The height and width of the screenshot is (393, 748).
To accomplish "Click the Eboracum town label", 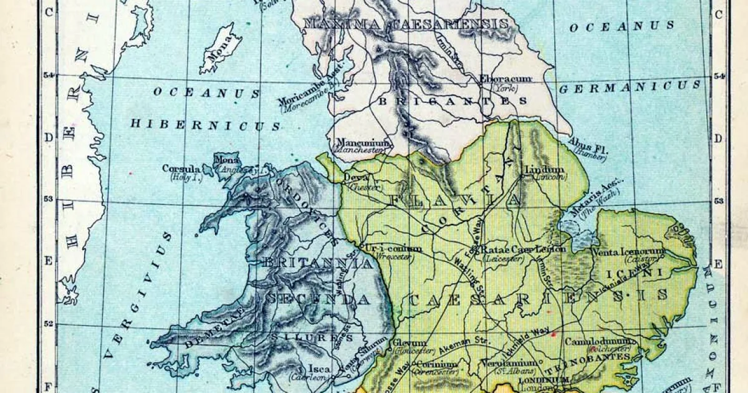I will (505, 79).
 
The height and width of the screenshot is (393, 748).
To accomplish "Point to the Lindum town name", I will (544, 170).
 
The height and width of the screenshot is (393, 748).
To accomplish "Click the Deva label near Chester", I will (356, 177).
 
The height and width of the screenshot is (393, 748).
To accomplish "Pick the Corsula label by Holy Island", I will (181, 168).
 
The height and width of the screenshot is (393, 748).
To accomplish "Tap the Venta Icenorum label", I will (630, 252).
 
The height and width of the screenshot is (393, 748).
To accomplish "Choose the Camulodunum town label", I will (600, 342).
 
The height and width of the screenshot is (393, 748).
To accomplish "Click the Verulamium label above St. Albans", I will (508, 362).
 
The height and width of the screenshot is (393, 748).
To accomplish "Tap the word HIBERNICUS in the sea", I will (205, 125).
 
